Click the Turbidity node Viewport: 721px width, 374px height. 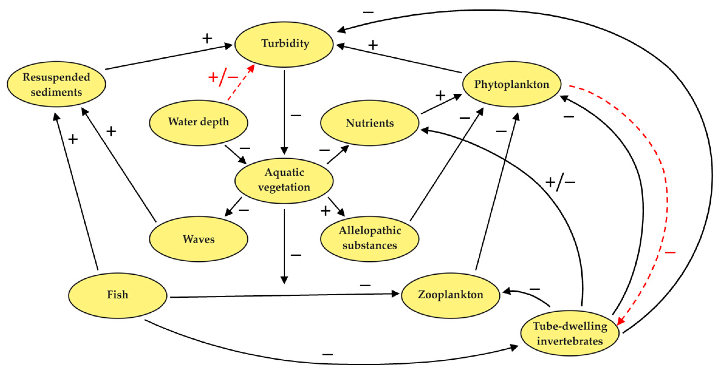pos(284,44)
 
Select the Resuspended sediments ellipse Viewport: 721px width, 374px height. pos(56,84)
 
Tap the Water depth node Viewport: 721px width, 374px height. pos(198,122)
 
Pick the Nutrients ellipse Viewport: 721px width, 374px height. pos(370,123)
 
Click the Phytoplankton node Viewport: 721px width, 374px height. pos(511,84)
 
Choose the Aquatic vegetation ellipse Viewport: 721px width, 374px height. pos(284,180)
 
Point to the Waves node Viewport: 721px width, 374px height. pos(198,239)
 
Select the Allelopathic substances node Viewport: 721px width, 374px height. pos(370,239)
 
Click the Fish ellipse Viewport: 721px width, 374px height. pos(118,295)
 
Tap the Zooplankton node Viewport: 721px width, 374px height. pos(450,295)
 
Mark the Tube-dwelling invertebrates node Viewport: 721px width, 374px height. pos(570,333)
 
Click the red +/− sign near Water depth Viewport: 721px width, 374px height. pos(223,77)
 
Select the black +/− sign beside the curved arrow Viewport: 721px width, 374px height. pos(560,182)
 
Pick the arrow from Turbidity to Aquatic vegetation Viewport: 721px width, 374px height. pos(284,112)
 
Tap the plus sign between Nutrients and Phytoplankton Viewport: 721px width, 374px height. pos(440,96)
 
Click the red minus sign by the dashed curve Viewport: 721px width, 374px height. pos(670,253)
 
